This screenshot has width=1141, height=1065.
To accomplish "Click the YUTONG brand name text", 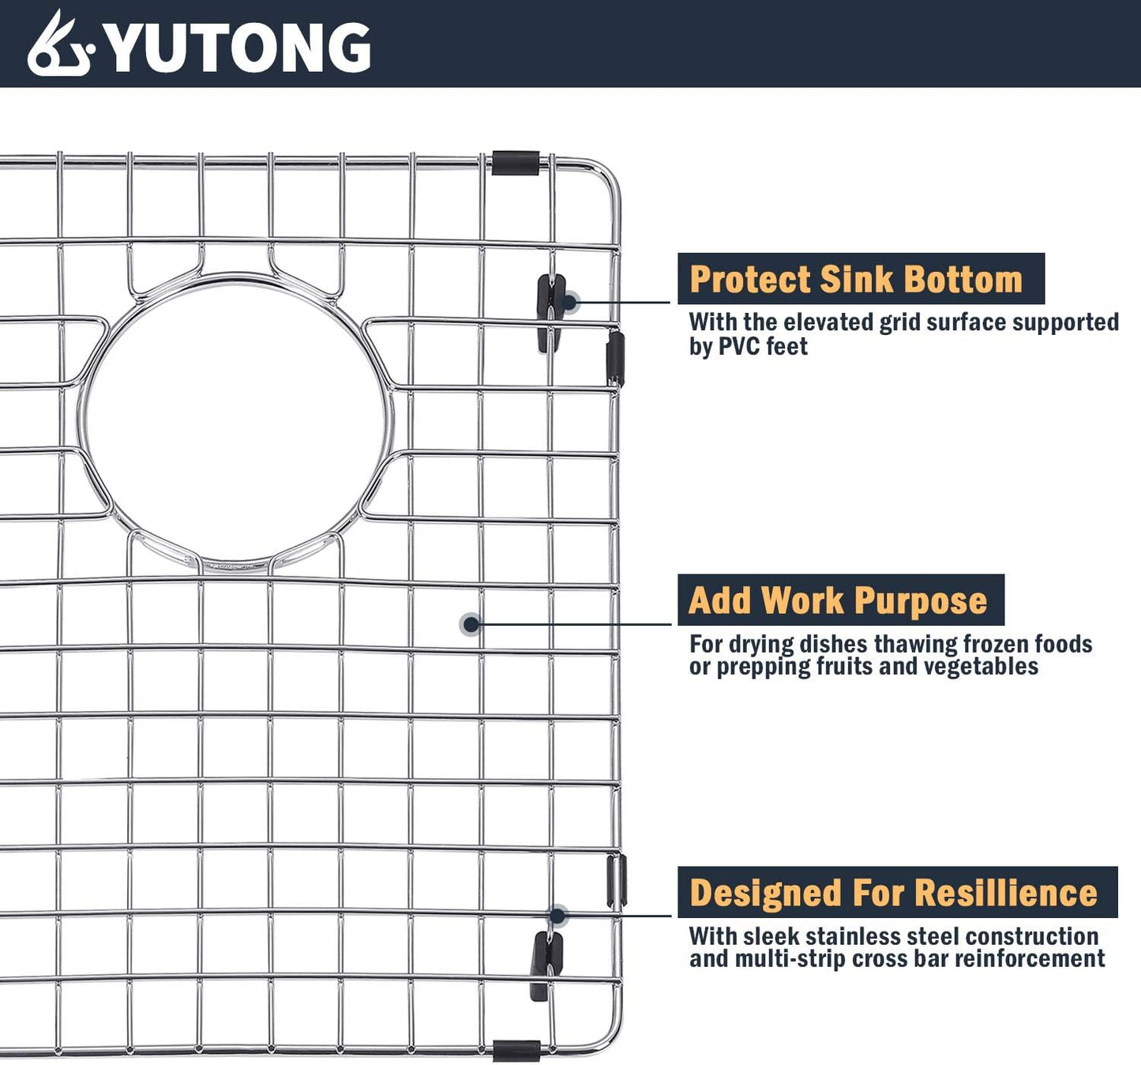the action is [237, 47].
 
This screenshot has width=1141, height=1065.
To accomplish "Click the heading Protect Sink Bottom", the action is [856, 280].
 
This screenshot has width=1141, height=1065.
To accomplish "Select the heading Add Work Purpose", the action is [838, 600].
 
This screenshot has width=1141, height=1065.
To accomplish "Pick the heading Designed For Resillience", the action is [893, 893].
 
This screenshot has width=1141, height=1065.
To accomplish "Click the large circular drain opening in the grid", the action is [238, 420].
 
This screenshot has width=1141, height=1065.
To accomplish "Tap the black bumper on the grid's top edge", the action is [515, 163].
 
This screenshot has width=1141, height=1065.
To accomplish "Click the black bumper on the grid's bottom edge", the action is [516, 1051].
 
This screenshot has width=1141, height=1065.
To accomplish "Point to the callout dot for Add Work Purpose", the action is [471, 625].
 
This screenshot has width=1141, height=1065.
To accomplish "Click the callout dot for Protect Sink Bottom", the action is [569, 302].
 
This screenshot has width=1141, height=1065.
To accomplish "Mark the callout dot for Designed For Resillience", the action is [557, 916].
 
